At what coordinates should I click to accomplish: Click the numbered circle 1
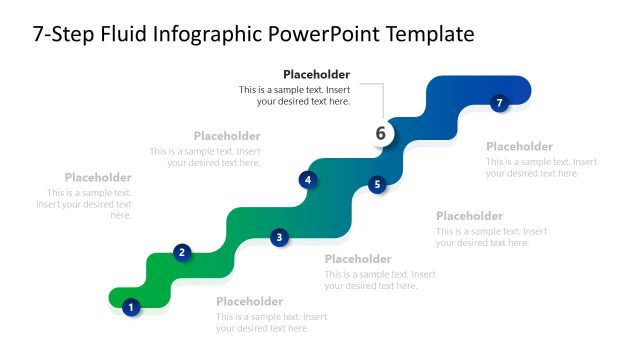(x=130, y=307)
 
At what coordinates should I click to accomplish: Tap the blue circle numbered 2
(x=181, y=252)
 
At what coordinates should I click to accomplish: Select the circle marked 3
(x=279, y=237)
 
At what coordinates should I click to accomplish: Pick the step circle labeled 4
(x=308, y=180)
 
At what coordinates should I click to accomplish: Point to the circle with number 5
(x=377, y=184)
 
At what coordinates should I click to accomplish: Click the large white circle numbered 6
(x=380, y=133)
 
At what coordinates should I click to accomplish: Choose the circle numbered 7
(x=500, y=102)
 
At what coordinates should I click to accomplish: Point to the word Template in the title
(x=425, y=35)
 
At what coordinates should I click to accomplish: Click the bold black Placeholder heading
(x=316, y=74)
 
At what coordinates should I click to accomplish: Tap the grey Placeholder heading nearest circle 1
(x=249, y=302)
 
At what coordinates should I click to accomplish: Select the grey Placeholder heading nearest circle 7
(x=519, y=146)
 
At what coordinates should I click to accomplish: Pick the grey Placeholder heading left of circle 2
(x=98, y=177)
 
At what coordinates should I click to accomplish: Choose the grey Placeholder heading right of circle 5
(x=469, y=216)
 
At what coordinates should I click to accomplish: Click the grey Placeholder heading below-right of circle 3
(x=358, y=259)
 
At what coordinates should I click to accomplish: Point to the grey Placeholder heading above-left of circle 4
(x=227, y=136)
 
